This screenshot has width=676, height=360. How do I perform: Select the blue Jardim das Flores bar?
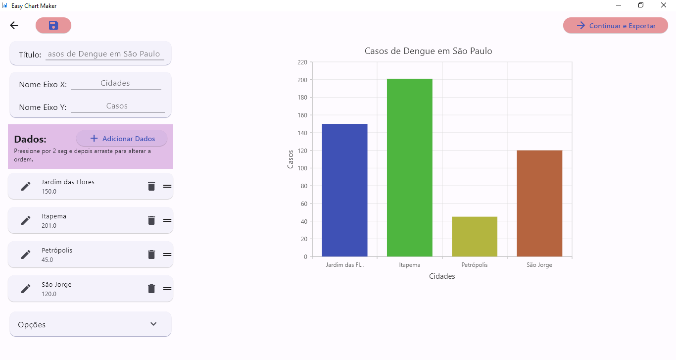[x=344, y=190]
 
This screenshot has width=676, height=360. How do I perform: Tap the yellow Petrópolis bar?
[x=474, y=237]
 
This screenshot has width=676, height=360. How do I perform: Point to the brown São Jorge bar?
[x=539, y=204]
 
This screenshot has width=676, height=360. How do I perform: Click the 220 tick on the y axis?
[x=302, y=62]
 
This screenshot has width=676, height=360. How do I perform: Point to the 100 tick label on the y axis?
[x=302, y=168]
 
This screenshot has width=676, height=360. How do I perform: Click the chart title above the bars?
[x=428, y=51]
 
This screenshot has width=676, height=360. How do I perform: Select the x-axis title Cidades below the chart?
[x=442, y=276]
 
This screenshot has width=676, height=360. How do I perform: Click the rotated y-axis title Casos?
[x=290, y=159]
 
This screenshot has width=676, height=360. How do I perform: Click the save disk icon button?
[x=53, y=26]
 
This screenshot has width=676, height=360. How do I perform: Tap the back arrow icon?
[x=14, y=26]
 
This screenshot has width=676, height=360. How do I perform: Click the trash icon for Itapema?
[x=151, y=220]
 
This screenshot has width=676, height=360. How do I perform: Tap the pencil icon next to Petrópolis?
[x=26, y=255]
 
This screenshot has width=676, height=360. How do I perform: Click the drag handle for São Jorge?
[x=167, y=289]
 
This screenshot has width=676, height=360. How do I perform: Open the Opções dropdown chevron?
[x=153, y=324]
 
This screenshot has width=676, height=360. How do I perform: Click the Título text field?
[x=104, y=54]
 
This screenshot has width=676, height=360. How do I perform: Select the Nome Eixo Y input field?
[x=117, y=106]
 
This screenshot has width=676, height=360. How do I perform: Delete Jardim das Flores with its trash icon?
[x=151, y=186]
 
